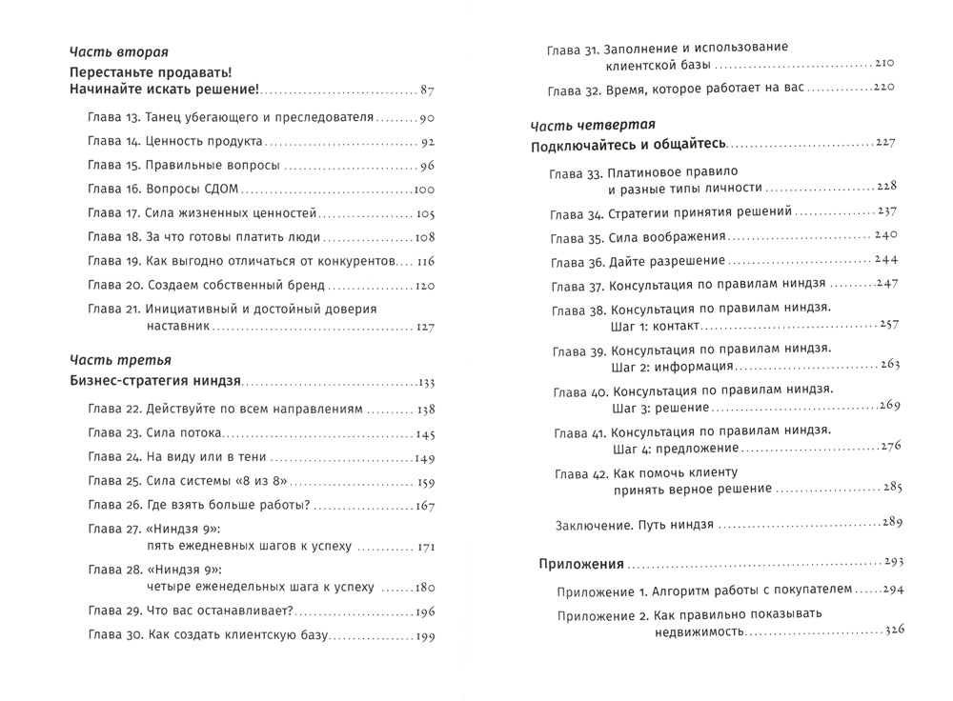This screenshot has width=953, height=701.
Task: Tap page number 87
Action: coord(426,91)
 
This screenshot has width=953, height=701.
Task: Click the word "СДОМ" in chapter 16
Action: coord(219,190)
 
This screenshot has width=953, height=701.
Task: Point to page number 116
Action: coord(425,261)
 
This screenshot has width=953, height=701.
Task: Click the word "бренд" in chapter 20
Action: coord(304,285)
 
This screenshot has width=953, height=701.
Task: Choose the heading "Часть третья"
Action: coord(121,361)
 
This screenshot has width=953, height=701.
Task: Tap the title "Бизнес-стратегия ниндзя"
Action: coord(156,383)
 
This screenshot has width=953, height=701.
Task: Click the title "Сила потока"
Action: coord(182,433)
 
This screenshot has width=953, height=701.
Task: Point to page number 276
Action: coord(891,446)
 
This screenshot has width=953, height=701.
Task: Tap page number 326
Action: coord(893,630)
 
